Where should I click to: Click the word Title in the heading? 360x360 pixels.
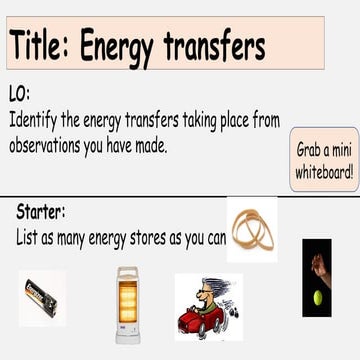pos(40,45)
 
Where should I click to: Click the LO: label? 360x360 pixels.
pos(19,94)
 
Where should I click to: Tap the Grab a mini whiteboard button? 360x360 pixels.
pos(324,159)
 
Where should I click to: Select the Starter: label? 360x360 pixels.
pos(41,212)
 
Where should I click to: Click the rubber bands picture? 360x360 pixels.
pos(251,231)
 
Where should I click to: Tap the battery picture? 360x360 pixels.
pos(43,295)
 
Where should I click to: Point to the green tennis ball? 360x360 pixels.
pos(319,297)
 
